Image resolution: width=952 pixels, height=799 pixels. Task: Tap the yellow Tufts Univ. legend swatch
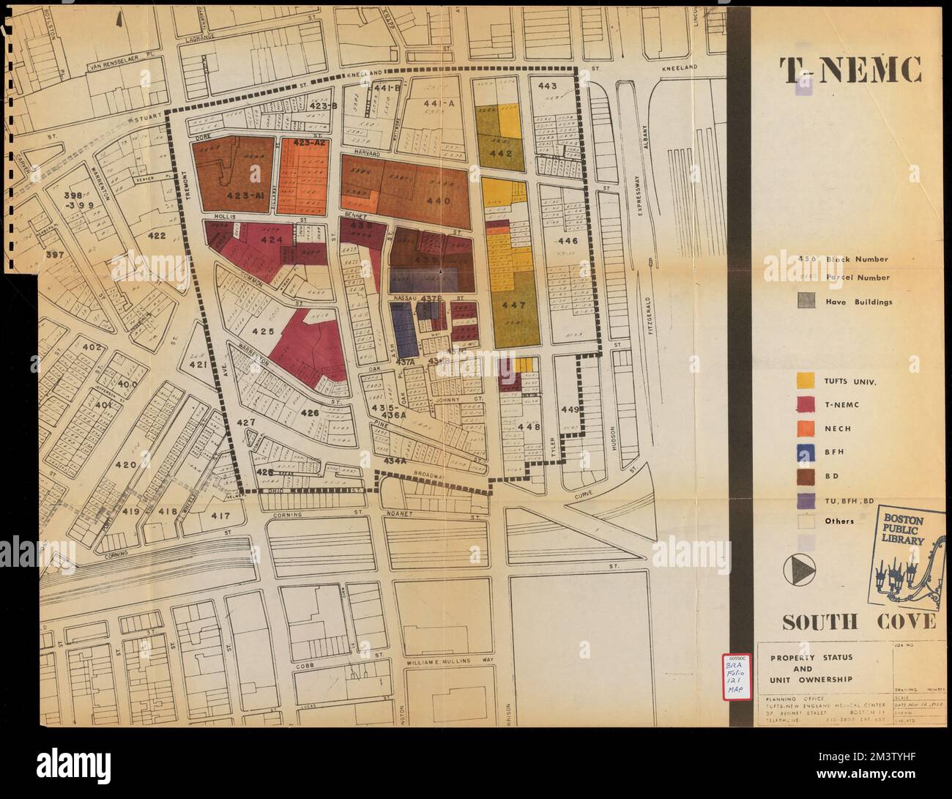(806, 380)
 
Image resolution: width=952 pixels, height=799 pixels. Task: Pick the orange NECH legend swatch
(806, 428)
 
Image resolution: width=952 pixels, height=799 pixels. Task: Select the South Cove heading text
(858, 623)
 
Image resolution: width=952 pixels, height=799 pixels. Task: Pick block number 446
(568, 241)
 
